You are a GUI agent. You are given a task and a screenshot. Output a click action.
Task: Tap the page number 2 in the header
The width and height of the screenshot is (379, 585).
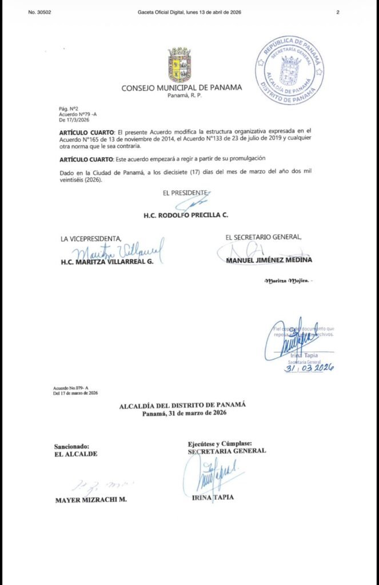point(338,12)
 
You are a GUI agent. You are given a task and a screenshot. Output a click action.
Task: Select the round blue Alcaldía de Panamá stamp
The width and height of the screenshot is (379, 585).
point(289,70)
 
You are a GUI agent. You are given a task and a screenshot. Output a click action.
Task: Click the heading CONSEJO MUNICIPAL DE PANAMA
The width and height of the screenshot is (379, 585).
point(181,87)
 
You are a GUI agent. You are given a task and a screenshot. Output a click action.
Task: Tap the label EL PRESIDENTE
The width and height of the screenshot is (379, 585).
point(186,194)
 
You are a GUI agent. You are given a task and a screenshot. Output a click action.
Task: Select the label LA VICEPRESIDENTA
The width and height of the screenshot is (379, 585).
point(91,238)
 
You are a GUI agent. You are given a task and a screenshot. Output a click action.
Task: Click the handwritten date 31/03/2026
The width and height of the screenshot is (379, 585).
point(309,368)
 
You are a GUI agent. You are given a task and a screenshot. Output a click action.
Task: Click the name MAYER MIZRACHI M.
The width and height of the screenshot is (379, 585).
point(90,499)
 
